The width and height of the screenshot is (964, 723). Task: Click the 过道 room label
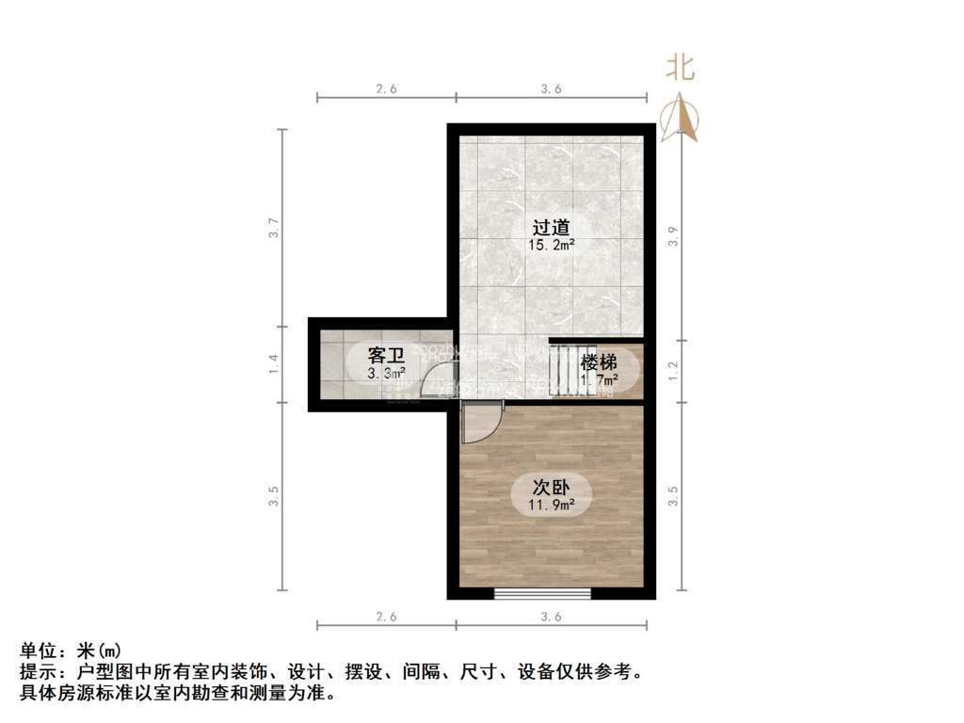[x=552, y=227]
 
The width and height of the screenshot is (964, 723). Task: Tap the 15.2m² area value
[x=552, y=244]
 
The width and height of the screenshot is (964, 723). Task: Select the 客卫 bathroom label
[x=386, y=356]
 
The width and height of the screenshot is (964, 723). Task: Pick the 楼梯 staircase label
[x=599, y=362]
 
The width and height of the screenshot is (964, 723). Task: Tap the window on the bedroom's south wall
[x=542, y=593]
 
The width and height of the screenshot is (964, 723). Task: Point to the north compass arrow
[x=680, y=119]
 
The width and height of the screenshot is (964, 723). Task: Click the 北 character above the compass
[x=681, y=68]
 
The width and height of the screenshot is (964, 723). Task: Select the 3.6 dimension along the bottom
[x=552, y=618]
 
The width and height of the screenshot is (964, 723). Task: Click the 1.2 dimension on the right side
[x=672, y=371]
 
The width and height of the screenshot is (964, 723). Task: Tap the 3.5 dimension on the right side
[x=672, y=496]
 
